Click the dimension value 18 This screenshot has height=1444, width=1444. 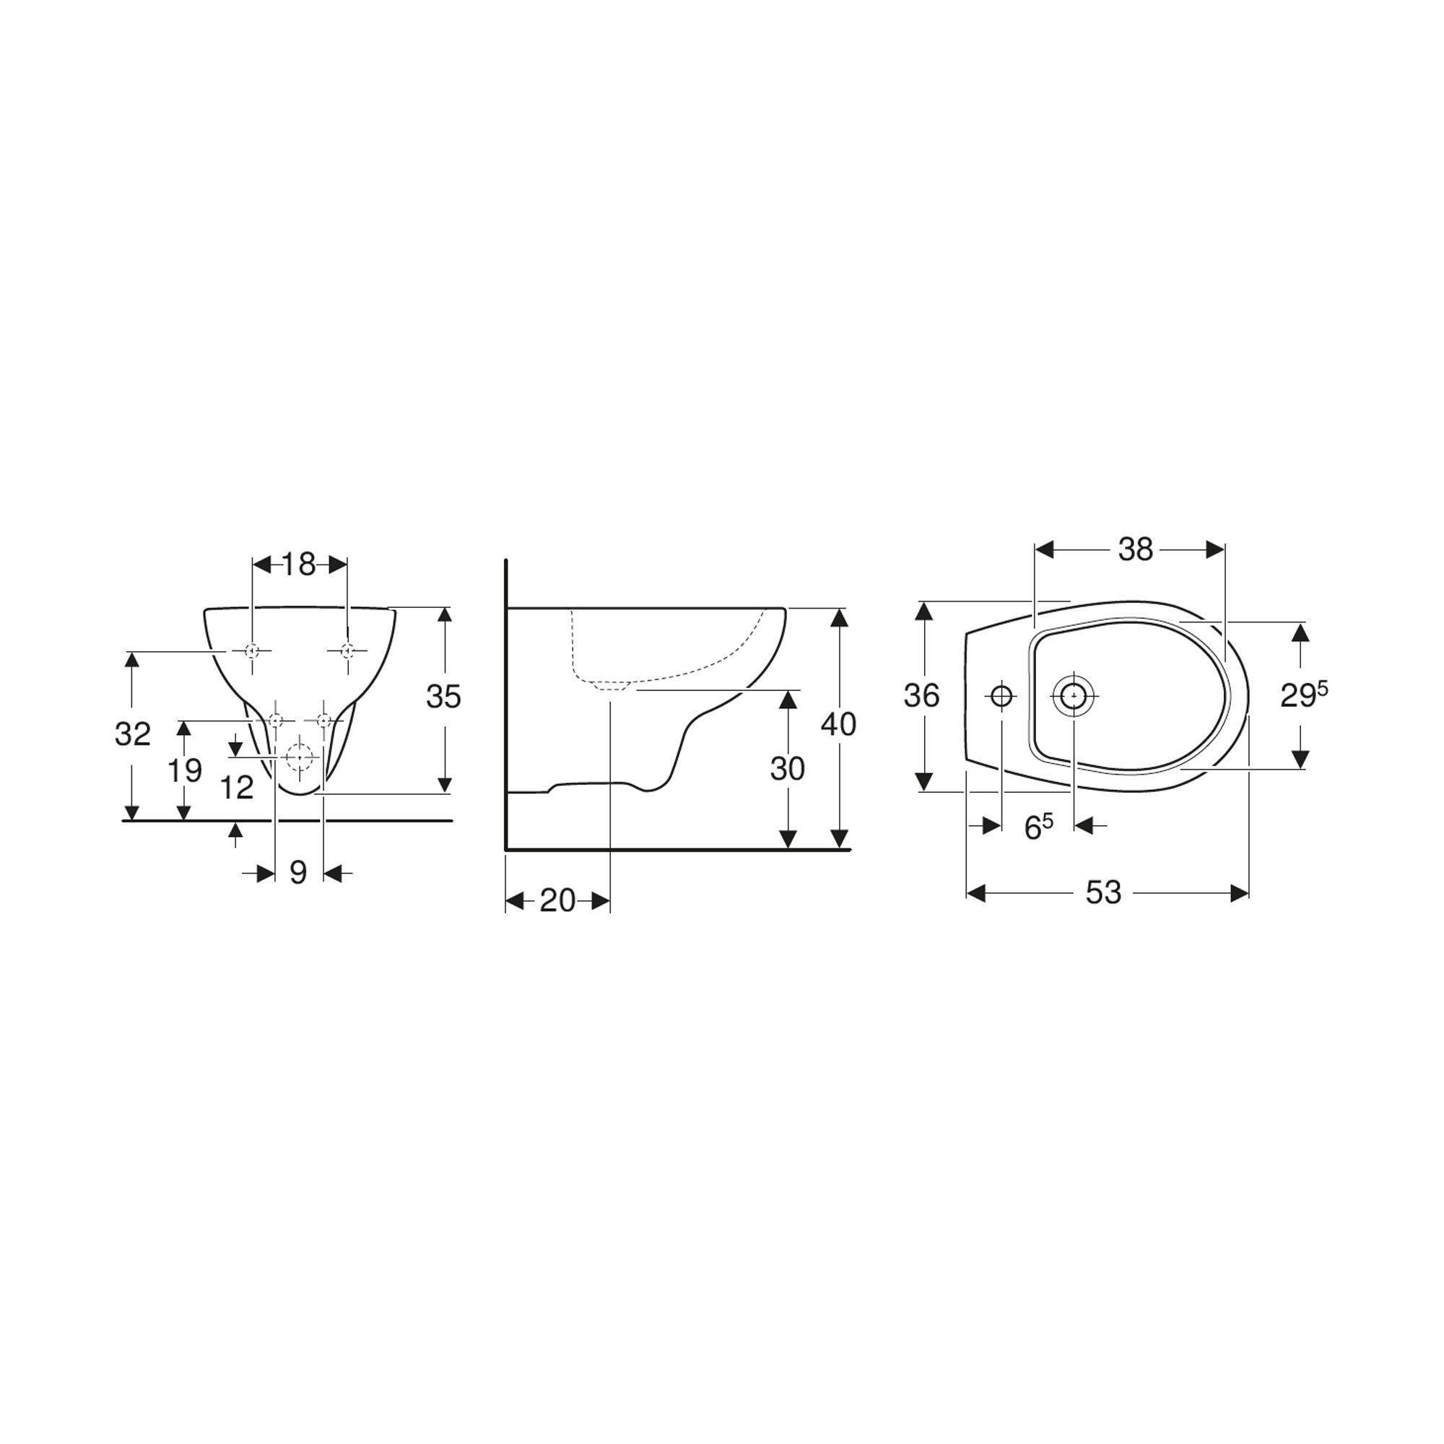pyautogui.click(x=299, y=565)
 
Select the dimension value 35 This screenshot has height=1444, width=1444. pyautogui.click(x=443, y=697)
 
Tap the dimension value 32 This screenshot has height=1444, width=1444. pyautogui.click(x=132, y=735)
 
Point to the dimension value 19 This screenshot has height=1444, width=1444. pyautogui.click(x=184, y=770)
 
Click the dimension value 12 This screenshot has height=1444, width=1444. pyautogui.click(x=237, y=788)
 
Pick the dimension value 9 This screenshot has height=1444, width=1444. pyautogui.click(x=298, y=872)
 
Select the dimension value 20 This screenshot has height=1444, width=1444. pyautogui.click(x=557, y=900)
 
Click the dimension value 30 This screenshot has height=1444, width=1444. pyautogui.click(x=787, y=769)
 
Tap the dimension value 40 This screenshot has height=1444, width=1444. pyautogui.click(x=838, y=724)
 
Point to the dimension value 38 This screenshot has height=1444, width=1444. pyautogui.click(x=1135, y=550)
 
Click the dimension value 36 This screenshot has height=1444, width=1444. pyautogui.click(x=921, y=696)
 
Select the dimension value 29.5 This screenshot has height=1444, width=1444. pyautogui.click(x=1303, y=696)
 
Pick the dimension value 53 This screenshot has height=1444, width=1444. pyautogui.click(x=1103, y=892)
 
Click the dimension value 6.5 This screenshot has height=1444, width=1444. pyautogui.click(x=1038, y=827)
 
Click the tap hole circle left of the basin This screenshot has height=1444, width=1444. pyautogui.click(x=1001, y=697)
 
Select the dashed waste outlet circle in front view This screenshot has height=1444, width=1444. pyautogui.click(x=300, y=757)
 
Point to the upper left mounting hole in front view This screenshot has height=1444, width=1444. pyautogui.click(x=253, y=651)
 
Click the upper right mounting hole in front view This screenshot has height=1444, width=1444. pyautogui.click(x=347, y=651)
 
